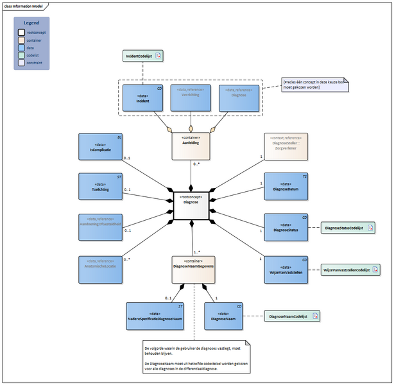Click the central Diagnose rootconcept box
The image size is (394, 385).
click(191, 200)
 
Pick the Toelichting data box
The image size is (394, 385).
click(99, 187)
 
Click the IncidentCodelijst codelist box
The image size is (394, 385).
click(143, 56)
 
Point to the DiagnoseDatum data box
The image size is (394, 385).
click(286, 187)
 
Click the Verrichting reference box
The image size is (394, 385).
click(191, 98)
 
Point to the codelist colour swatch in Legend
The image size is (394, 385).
click(21, 55)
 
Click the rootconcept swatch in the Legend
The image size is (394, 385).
click(21, 31)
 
